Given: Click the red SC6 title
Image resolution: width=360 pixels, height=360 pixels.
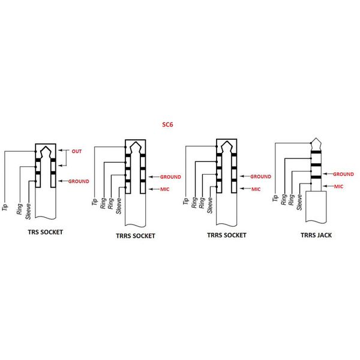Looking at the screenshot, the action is (x=167, y=124).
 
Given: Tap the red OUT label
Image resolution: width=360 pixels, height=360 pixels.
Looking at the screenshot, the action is (x=77, y=151).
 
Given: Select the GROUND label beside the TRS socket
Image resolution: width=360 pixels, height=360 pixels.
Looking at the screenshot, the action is (x=79, y=181).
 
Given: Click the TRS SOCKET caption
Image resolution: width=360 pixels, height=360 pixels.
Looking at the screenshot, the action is (x=46, y=232).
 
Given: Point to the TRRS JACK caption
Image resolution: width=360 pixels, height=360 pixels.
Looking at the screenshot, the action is (x=316, y=235).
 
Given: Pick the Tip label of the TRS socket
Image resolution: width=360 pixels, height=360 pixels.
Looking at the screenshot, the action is (x=5, y=208).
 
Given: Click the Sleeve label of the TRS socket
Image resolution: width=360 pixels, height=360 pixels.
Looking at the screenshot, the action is (x=28, y=211).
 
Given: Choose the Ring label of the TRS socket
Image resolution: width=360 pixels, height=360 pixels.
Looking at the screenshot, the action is (x=20, y=209).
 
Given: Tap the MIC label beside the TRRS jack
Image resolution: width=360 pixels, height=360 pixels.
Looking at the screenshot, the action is (x=338, y=187).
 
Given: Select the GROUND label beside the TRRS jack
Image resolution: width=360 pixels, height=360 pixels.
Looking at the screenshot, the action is (x=343, y=174).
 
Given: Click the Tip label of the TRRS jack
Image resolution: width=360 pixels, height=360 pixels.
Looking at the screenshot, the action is (x=275, y=198).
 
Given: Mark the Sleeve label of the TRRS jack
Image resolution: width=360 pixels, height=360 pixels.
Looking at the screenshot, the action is (x=299, y=202).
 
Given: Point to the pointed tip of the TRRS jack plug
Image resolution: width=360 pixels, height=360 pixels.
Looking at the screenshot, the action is (x=316, y=138).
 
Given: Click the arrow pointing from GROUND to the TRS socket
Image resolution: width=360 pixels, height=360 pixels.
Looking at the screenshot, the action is (x=63, y=181).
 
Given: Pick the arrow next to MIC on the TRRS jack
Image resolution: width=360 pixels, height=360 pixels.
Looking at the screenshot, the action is (x=328, y=186).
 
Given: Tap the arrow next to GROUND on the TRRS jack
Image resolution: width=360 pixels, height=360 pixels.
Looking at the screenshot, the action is (x=328, y=174).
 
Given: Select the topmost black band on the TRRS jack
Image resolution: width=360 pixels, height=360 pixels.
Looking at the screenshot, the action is (x=316, y=152).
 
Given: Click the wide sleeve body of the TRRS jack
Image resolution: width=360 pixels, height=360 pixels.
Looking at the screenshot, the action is (x=316, y=206).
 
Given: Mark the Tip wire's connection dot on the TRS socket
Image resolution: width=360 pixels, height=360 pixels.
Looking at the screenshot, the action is (x=35, y=151).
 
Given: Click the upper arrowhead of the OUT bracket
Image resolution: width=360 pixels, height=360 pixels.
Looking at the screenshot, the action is (x=59, y=150).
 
